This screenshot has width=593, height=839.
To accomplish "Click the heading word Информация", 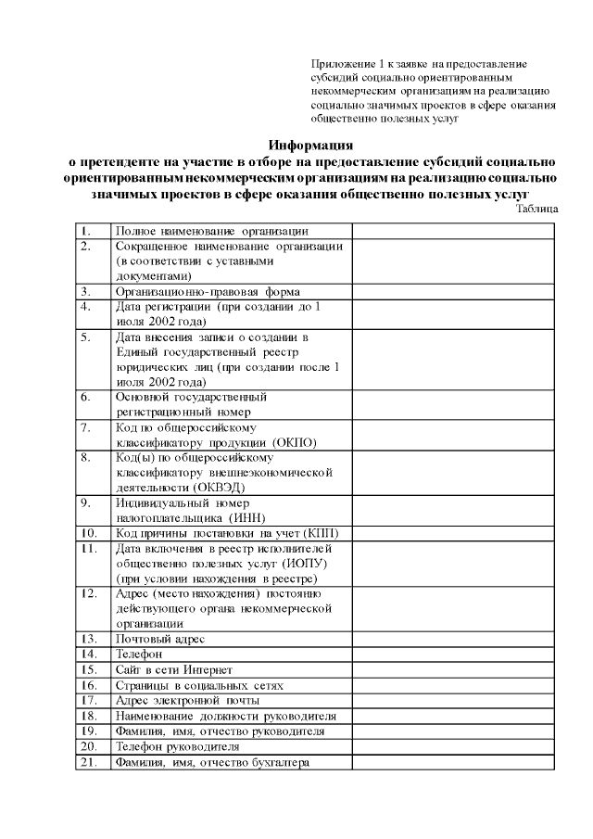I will coord(311,145).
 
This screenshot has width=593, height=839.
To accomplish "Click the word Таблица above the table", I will coord(538,210).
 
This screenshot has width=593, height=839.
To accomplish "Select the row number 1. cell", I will coord(92,231).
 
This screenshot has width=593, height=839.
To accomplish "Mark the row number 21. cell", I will coord(92,762).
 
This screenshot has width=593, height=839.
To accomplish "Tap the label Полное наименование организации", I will coord(211,231).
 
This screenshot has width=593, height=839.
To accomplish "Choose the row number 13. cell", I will coord(92,640).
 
